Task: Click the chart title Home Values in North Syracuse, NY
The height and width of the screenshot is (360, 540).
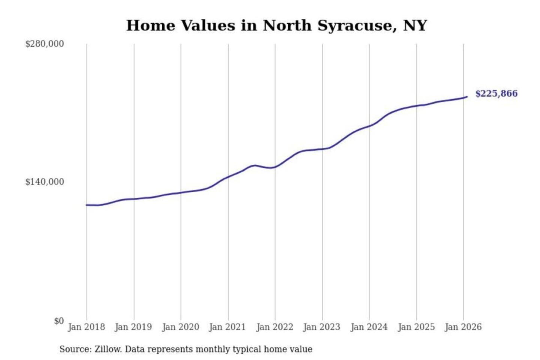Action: click(276, 25)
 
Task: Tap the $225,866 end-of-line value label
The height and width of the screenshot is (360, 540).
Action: click(496, 93)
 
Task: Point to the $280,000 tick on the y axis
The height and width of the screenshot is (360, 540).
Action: click(45, 44)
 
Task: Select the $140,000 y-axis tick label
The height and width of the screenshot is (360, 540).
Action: click(45, 182)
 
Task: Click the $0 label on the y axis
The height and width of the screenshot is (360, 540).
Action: click(59, 321)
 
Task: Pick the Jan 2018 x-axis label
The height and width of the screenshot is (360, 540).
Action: click(86, 327)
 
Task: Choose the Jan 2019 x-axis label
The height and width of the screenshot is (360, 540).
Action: click(133, 327)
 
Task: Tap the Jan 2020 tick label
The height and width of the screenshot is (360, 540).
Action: click(180, 327)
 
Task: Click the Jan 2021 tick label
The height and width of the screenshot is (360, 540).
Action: click(228, 327)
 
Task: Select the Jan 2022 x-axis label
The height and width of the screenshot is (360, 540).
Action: click(274, 327)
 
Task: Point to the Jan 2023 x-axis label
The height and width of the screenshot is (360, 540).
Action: click(322, 327)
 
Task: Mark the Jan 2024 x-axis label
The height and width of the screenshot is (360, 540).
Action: click(369, 327)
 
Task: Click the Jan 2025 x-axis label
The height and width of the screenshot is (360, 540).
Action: click(416, 327)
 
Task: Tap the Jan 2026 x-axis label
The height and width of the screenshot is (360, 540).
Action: click(463, 327)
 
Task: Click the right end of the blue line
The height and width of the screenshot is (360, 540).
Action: click(467, 97)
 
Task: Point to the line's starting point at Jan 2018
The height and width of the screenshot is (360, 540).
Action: click(87, 205)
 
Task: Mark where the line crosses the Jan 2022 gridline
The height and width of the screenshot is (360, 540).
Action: click(275, 167)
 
